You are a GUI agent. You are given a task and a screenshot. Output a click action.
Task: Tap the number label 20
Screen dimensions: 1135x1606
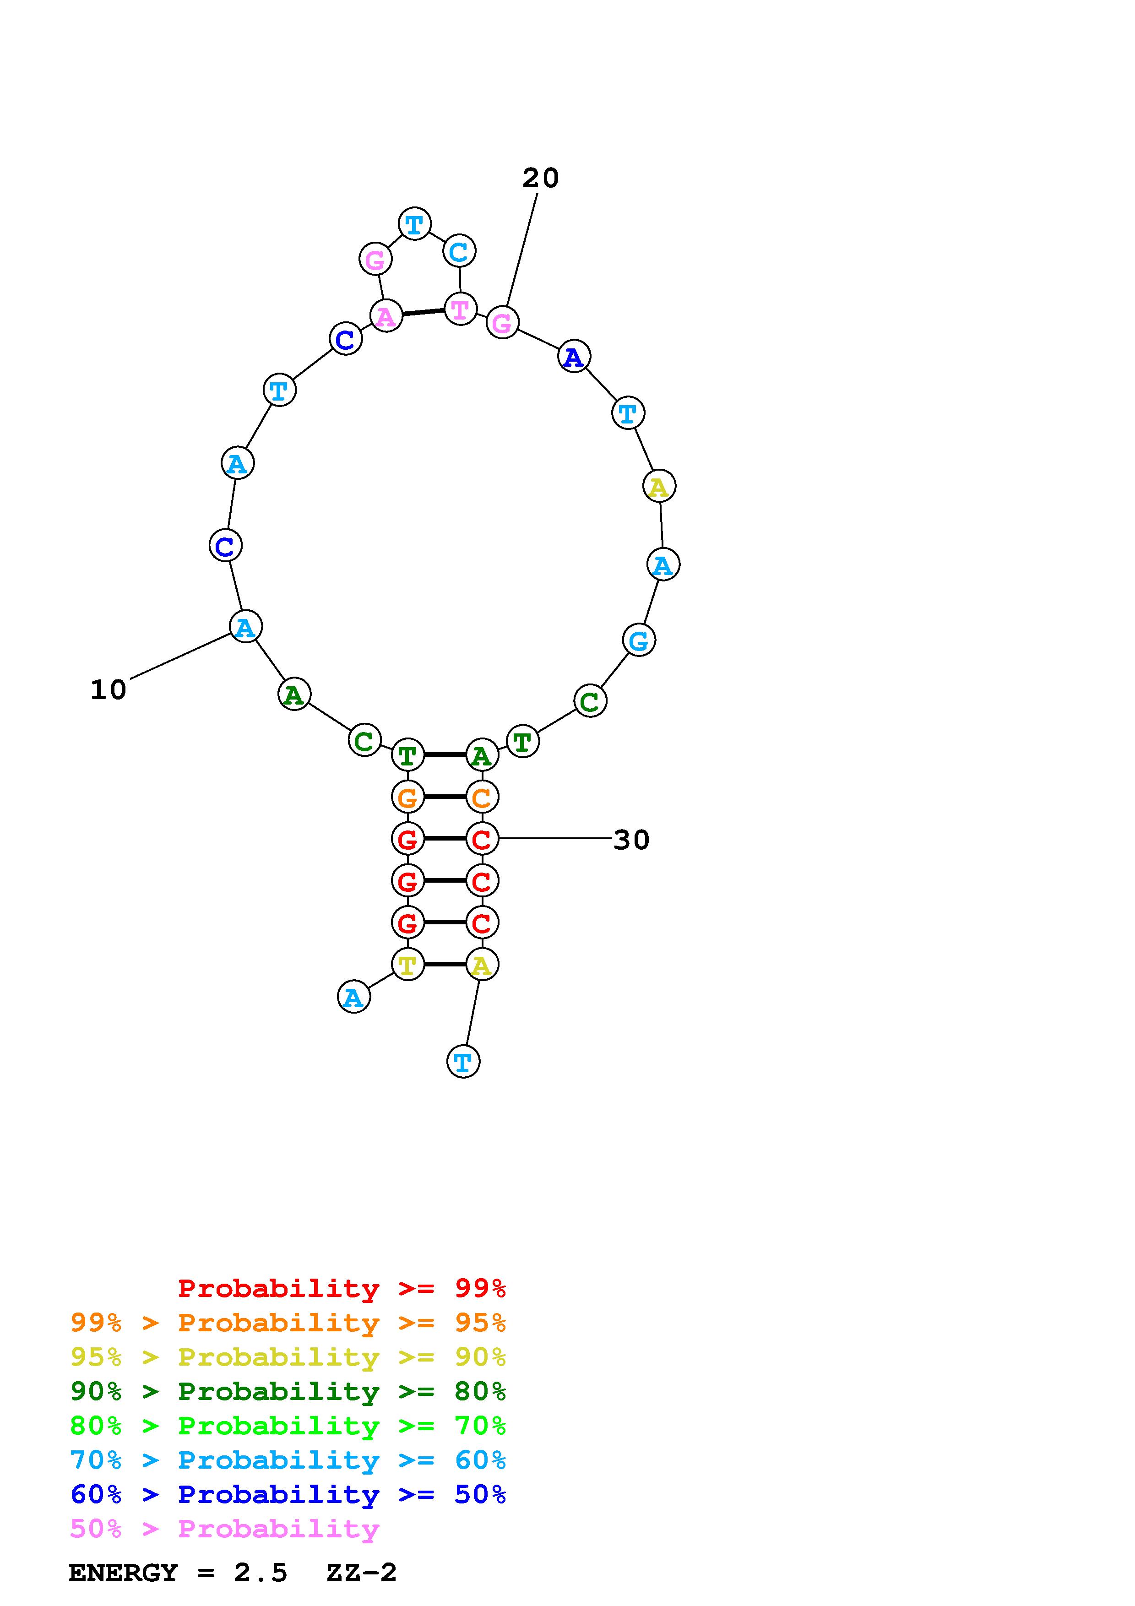541,179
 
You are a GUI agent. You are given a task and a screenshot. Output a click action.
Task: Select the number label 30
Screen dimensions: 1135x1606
631,840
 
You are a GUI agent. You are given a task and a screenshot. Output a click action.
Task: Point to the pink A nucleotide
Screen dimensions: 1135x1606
386,317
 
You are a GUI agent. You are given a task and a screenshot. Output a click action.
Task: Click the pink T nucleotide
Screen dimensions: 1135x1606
460,309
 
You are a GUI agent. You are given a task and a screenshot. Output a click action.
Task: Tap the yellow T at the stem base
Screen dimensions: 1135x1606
407,965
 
